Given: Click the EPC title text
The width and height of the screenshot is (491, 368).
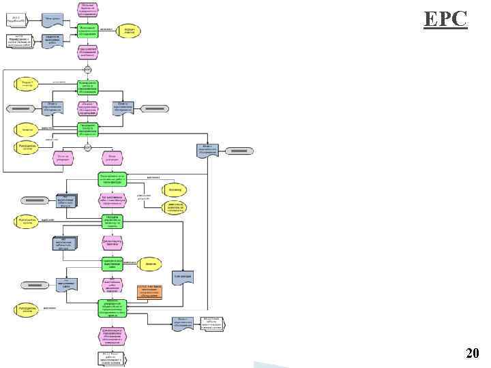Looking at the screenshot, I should point(445,18).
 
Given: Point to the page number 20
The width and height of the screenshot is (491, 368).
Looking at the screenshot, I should point(472,352).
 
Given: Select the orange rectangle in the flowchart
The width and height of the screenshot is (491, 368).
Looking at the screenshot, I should point(149,291).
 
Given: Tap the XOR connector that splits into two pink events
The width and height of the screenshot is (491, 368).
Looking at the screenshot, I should point(87,147).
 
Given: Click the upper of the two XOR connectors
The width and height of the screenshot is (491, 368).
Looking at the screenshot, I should point(87,70).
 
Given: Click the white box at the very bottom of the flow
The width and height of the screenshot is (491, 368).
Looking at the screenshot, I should point(113,358).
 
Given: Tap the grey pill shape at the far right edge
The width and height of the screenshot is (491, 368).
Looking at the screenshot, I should point(239,150).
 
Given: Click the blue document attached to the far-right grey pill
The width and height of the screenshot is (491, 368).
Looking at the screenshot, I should point(208,150).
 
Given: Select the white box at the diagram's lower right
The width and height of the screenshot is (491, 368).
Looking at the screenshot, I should point(211,323).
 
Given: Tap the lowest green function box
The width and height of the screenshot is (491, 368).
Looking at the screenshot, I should point(113,307).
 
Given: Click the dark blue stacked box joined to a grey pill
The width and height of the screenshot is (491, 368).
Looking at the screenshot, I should point(67,200).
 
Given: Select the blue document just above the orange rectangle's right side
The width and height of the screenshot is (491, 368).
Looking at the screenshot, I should point(183,277).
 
